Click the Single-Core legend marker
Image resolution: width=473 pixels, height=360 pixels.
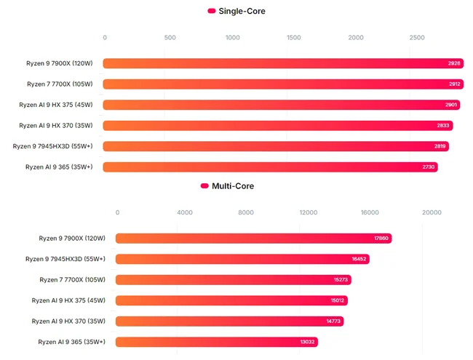(212, 11)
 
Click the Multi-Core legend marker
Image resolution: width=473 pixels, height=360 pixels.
(204, 186)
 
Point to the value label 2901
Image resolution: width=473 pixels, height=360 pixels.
(451, 105)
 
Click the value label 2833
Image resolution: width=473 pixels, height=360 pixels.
(444, 126)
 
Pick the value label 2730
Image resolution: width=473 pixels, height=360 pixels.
(429, 167)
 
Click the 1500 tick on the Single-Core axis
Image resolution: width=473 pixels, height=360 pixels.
(294, 38)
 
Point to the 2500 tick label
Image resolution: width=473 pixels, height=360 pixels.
(417, 38)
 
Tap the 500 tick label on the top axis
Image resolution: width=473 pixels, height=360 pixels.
(170, 38)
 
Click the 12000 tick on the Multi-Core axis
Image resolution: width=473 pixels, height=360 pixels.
(309, 213)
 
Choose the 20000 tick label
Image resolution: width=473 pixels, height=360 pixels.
(432, 213)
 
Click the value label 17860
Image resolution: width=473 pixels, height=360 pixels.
(381, 239)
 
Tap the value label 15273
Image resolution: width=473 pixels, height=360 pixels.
(342, 280)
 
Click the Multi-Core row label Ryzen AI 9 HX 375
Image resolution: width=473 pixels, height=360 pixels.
(68, 300)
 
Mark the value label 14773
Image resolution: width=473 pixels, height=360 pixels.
(334, 321)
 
